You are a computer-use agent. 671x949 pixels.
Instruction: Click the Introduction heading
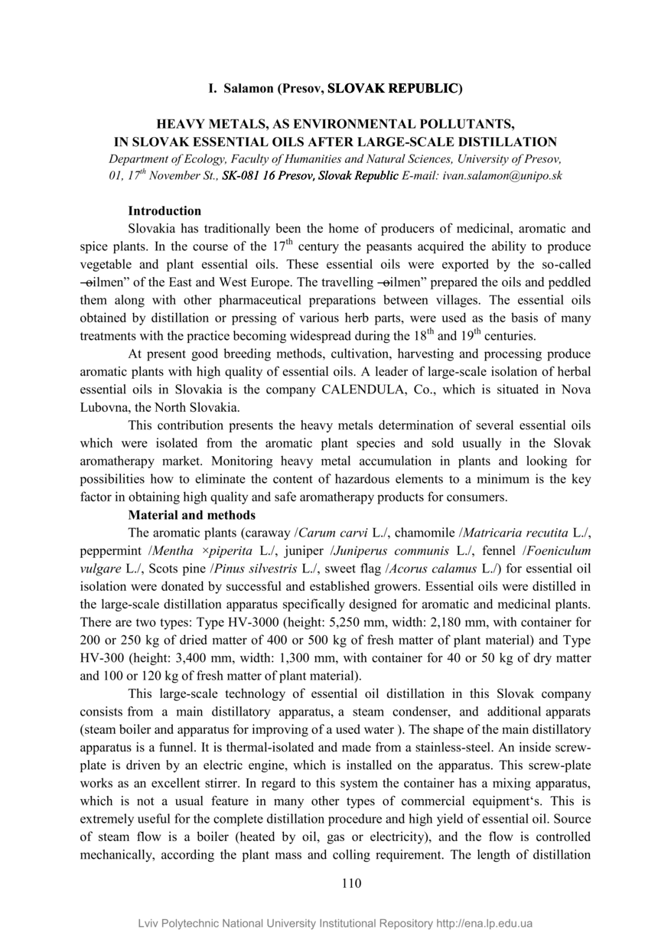pyautogui.click(x=164, y=210)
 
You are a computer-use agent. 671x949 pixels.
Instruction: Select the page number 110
pyautogui.click(x=350, y=883)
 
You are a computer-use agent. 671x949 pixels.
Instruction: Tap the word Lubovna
pyautogui.click(x=105, y=407)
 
